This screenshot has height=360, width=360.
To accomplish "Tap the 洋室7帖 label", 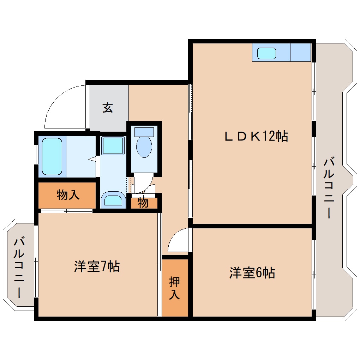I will tap(97, 266).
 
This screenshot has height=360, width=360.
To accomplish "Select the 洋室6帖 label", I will tap(252, 272).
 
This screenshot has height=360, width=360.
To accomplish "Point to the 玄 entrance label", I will tap(108, 107).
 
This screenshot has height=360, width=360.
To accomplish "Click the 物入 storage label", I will tap(68, 194).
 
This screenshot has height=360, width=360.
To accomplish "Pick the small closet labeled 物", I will tap(143, 203).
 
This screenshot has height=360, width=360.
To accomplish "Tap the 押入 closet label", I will tap(175, 288).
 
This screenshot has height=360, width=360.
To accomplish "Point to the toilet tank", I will tap(144, 132).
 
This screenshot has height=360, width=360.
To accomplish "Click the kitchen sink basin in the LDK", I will tap(266, 53).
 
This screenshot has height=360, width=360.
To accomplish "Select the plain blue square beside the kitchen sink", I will tap(300, 53).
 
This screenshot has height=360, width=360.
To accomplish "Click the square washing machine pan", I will tap(113, 146).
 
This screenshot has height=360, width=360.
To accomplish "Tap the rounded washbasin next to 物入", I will tap(113, 200).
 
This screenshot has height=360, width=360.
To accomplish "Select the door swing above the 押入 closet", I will tap(178, 240).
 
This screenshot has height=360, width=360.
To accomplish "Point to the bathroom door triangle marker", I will tap(92, 160).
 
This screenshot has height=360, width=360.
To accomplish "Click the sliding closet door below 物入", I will tap(66, 211).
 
